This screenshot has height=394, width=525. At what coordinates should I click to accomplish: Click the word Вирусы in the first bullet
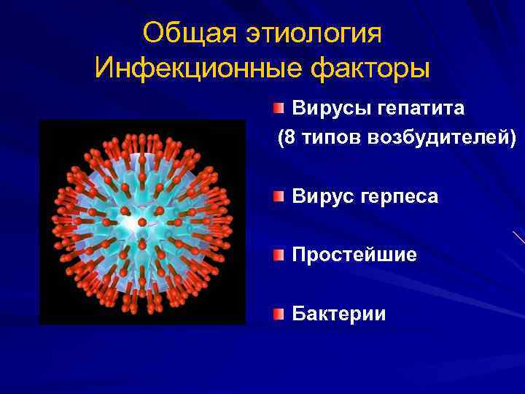[x=332, y=109]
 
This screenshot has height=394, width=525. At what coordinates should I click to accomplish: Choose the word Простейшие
[x=354, y=255]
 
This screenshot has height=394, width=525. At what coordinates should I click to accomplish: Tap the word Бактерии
[x=339, y=314]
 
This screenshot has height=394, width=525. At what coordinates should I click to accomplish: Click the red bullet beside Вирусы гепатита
[x=279, y=109]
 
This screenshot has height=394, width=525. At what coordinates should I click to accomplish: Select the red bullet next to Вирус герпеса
[x=279, y=196]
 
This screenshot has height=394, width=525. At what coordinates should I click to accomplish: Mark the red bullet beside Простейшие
[x=279, y=255]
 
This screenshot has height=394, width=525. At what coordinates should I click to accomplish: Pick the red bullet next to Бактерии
[x=279, y=314]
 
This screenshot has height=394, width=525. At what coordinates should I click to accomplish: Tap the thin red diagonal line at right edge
[x=519, y=237]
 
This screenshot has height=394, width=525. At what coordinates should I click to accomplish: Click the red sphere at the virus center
[x=142, y=221]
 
